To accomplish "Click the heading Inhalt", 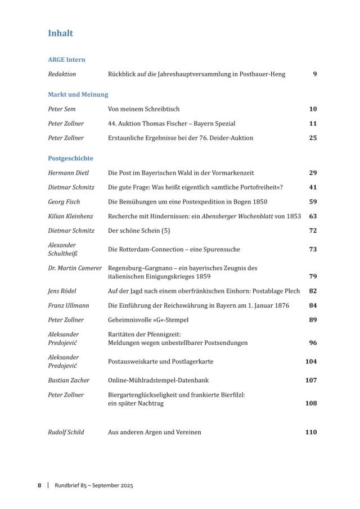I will pos(60,33).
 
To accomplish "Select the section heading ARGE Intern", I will pos(66,59).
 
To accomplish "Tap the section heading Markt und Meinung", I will pos(78,94).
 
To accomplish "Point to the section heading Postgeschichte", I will pos(70,159).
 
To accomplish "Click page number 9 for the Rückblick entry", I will pos(315,74).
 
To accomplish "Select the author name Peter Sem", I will pos(62,109).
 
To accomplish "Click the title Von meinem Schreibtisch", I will pos(143,109).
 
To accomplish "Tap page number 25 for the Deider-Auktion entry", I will pos(313,138).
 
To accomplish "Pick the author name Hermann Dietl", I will pos(68,173).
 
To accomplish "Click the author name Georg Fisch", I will pos(64,202).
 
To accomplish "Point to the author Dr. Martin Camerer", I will pos(75,268).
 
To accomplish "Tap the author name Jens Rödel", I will pos(62,291).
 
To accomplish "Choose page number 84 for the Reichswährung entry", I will pos(313,305).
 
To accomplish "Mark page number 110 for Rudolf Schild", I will pos(311,433).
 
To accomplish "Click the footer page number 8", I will pos(39,485).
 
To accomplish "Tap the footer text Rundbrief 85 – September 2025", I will pos(93,485).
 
